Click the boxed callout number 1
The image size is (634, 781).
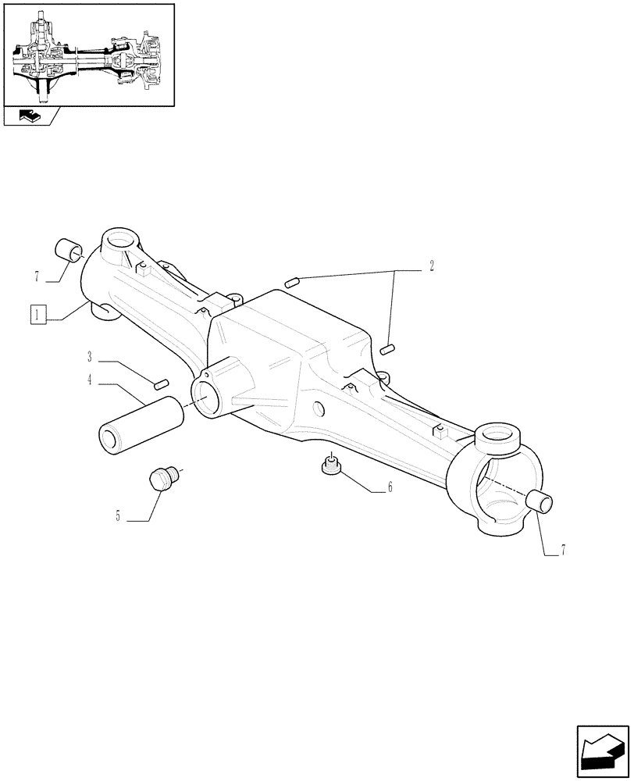tap(37, 316)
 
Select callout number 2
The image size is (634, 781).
tap(430, 266)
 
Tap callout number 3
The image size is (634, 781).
tap(91, 358)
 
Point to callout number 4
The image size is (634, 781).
tap(91, 380)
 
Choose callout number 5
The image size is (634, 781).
tap(119, 516)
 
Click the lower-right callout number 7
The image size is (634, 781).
tap(561, 550)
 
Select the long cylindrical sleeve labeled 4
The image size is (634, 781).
tap(141, 425)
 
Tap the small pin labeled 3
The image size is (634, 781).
tap(162, 382)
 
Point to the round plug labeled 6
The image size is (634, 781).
tap(330, 466)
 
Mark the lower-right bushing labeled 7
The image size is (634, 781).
tap(540, 502)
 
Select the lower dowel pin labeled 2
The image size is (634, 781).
tap(389, 348)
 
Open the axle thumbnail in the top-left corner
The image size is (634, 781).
tap(88, 54)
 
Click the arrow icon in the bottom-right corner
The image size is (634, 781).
tap(602, 752)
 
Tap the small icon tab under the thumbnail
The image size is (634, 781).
tap(29, 116)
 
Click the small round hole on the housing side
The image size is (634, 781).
tap(318, 407)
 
